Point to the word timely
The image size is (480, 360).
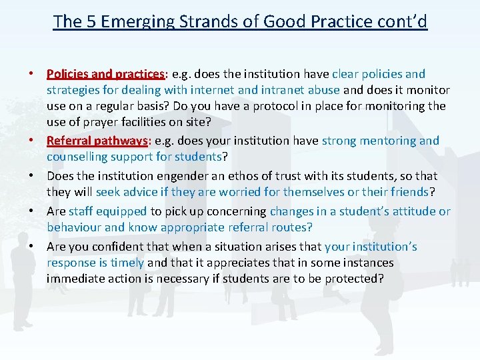127,263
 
